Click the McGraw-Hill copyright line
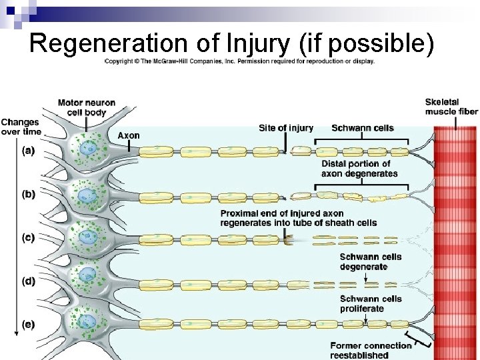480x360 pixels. pyautogui.click(x=239, y=61)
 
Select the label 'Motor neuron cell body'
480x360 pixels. pyautogui.click(x=86, y=107)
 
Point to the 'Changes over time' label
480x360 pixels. pyautogui.click(x=20, y=127)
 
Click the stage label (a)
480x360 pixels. pyautogui.click(x=28, y=151)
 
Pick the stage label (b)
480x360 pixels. pyautogui.click(x=28, y=195)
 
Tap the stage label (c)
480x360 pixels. pyautogui.click(x=28, y=238)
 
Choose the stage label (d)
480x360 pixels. pyautogui.click(x=28, y=281)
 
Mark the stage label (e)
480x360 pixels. pyautogui.click(x=28, y=325)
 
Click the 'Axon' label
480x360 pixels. pyautogui.click(x=129, y=135)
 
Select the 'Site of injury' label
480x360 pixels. pyautogui.click(x=286, y=128)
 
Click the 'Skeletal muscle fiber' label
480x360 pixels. pyautogui.click(x=451, y=107)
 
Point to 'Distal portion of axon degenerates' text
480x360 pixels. pyautogui.click(x=359, y=169)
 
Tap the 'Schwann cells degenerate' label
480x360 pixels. pyautogui.click(x=371, y=261)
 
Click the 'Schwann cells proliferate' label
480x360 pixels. pyautogui.click(x=371, y=303)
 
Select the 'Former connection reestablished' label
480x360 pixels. pyautogui.click(x=371, y=350)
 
